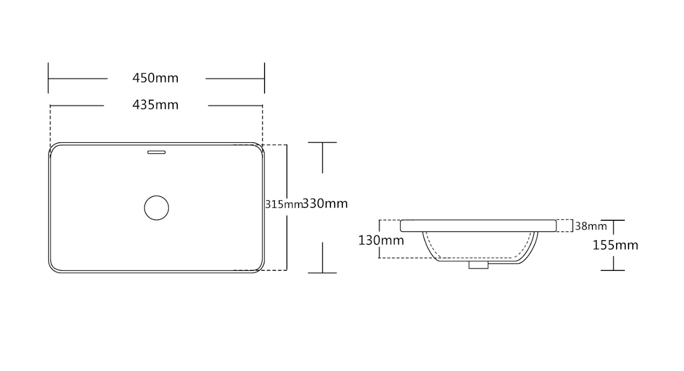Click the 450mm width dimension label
[155, 78]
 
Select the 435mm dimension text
[155, 104]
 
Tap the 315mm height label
[283, 205]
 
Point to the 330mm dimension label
[324, 204]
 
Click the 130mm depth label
[381, 240]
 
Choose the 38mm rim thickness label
[591, 226]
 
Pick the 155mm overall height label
[615, 246]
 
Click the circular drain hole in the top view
[156, 208]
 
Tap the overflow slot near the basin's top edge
[156, 152]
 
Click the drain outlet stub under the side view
[478, 264]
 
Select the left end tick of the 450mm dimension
[49, 78]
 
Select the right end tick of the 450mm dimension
[264, 78]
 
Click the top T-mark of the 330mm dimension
[322, 143]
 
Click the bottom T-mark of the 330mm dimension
[322, 272]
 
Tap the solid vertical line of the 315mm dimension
[287, 178]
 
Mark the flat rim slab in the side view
[478, 226]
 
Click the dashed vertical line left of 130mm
[379, 253]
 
